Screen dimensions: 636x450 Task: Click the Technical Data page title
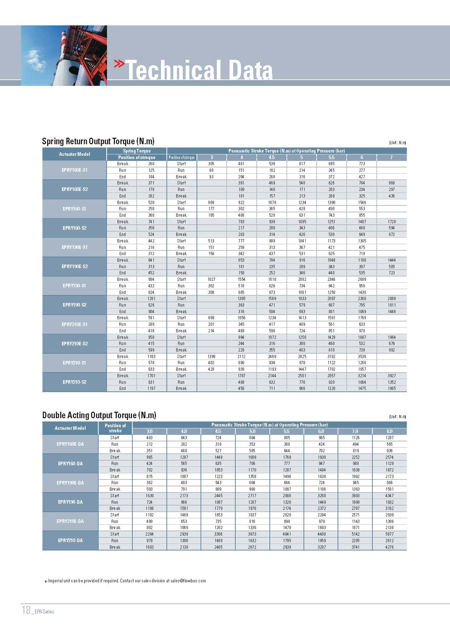click(199, 70)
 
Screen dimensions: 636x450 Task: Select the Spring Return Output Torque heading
click(98, 141)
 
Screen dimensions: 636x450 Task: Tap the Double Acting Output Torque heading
click(99, 415)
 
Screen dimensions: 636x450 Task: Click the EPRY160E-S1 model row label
click(75, 170)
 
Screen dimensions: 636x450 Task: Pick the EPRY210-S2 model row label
click(75, 382)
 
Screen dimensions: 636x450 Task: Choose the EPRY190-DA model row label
click(70, 502)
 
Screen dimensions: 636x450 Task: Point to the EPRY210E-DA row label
click(70, 521)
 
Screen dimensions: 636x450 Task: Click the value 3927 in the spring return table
click(392, 376)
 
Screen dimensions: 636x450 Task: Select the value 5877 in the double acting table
click(389, 534)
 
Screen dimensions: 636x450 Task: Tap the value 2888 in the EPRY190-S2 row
click(392, 299)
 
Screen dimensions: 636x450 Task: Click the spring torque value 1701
click(151, 376)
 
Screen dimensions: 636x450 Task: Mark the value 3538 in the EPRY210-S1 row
click(362, 357)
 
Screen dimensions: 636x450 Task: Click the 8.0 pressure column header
click(389, 431)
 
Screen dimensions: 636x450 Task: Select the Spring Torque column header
click(137, 151)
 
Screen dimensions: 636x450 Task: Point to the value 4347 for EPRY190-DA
click(389, 495)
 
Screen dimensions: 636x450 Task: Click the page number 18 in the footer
click(26, 610)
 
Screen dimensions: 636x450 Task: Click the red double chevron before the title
click(119, 64)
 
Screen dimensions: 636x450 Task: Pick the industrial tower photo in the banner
click(64, 55)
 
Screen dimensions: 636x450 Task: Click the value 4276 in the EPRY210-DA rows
click(389, 547)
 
